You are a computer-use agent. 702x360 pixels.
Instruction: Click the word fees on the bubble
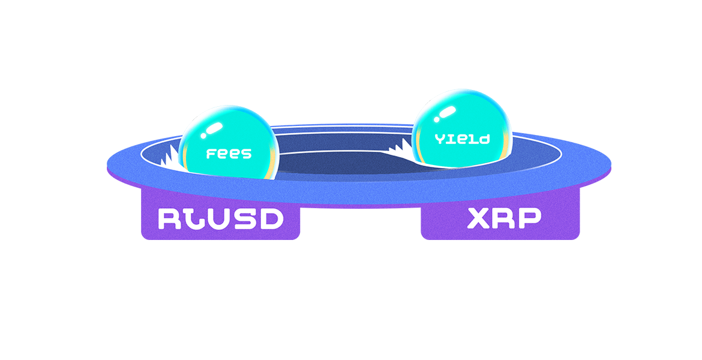(229, 154)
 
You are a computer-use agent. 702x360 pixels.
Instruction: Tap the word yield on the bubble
(463, 139)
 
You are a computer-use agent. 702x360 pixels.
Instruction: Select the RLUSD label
(220, 219)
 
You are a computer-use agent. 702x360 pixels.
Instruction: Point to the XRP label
(503, 219)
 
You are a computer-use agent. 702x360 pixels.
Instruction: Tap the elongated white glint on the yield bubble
(445, 113)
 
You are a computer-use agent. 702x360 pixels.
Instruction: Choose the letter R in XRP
(505, 219)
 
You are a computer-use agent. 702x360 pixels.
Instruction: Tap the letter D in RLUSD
(271, 219)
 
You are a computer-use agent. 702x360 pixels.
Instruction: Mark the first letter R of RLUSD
(169, 219)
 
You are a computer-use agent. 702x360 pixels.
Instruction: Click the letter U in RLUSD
(220, 219)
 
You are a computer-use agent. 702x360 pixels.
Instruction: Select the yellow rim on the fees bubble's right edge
(275, 161)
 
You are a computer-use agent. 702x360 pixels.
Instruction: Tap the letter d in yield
(485, 139)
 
